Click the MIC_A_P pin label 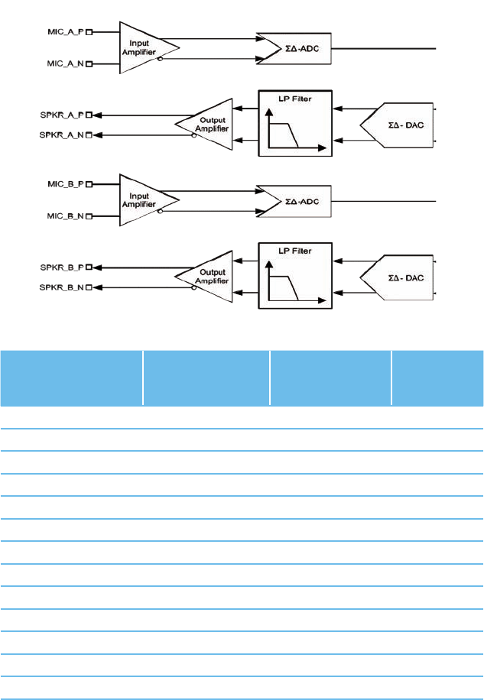(65, 32)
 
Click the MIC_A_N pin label (65, 65)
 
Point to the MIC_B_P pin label (65, 184)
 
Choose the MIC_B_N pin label (65, 217)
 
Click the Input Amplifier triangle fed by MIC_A (145, 48)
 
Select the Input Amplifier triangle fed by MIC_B (145, 200)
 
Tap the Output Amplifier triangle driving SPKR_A (203, 125)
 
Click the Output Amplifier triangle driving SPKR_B (203, 277)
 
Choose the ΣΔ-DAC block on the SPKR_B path (401, 277)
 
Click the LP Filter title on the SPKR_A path (294, 99)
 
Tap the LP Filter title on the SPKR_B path (294, 251)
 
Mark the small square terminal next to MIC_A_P (89, 32)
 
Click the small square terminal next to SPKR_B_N (89, 287)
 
